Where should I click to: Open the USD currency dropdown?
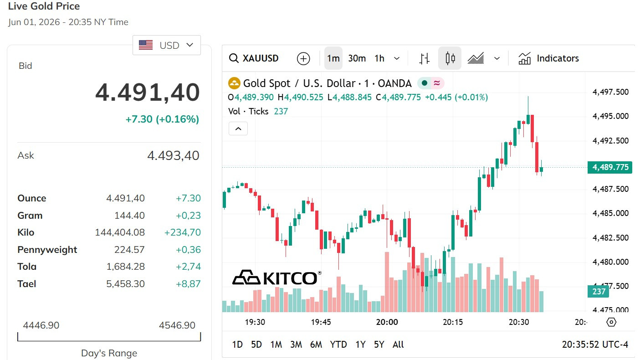coord(167,45)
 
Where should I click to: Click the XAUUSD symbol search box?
coord(254,58)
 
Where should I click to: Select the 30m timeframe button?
coord(357,58)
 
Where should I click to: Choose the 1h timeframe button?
coord(379,58)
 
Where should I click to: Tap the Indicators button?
coord(548,58)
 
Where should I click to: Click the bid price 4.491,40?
coord(148,93)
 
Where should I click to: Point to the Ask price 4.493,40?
coord(173,155)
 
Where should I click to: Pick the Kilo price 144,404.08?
coord(120,232)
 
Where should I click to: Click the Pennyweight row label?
coord(47,250)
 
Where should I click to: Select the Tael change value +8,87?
coord(188,284)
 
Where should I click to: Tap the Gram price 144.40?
coord(129,215)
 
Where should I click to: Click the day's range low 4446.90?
coord(41,325)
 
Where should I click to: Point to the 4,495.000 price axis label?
coord(610,116)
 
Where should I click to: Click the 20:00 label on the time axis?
coord(387,322)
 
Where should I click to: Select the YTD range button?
coord(338,345)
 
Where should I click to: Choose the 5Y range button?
coord(379,345)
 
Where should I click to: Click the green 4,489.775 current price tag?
coord(610,167)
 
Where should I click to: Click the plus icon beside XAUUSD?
coord(303,59)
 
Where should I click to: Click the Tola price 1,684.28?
coord(125,267)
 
